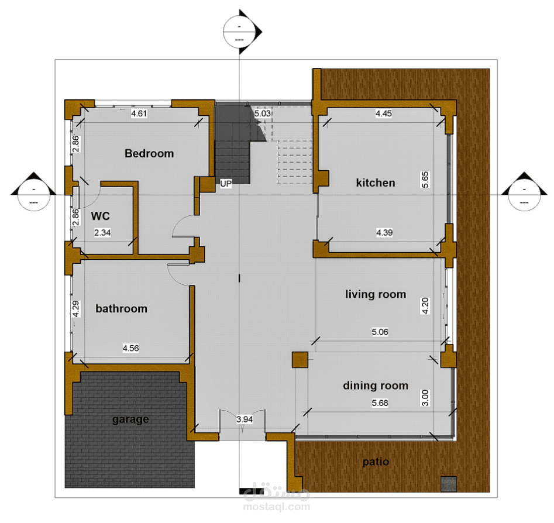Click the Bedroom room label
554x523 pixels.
coord(149,153)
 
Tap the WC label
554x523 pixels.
coord(101,216)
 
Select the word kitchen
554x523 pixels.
coord(376,183)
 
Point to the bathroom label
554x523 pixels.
coord(121,308)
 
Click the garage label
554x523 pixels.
coord(130,419)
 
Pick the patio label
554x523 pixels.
coord(376,462)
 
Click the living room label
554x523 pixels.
coord(376,294)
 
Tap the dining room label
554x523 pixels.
coord(376,386)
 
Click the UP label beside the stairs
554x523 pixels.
coord(226,184)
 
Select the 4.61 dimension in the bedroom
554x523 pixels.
coord(139,114)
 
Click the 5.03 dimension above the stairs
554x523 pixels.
coord(263,113)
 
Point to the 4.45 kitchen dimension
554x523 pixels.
coord(384,114)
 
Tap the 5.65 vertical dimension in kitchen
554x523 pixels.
coord(425,180)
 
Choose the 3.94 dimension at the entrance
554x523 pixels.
coord(245,419)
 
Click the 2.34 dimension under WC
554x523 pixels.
coord(102,233)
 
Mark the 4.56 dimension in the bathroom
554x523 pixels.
coord(130,349)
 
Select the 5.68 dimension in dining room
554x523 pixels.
coord(380,403)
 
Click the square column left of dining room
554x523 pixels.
coord(300,360)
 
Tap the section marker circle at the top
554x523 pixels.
coord(239,32)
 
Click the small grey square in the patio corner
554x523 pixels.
coord(448,484)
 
